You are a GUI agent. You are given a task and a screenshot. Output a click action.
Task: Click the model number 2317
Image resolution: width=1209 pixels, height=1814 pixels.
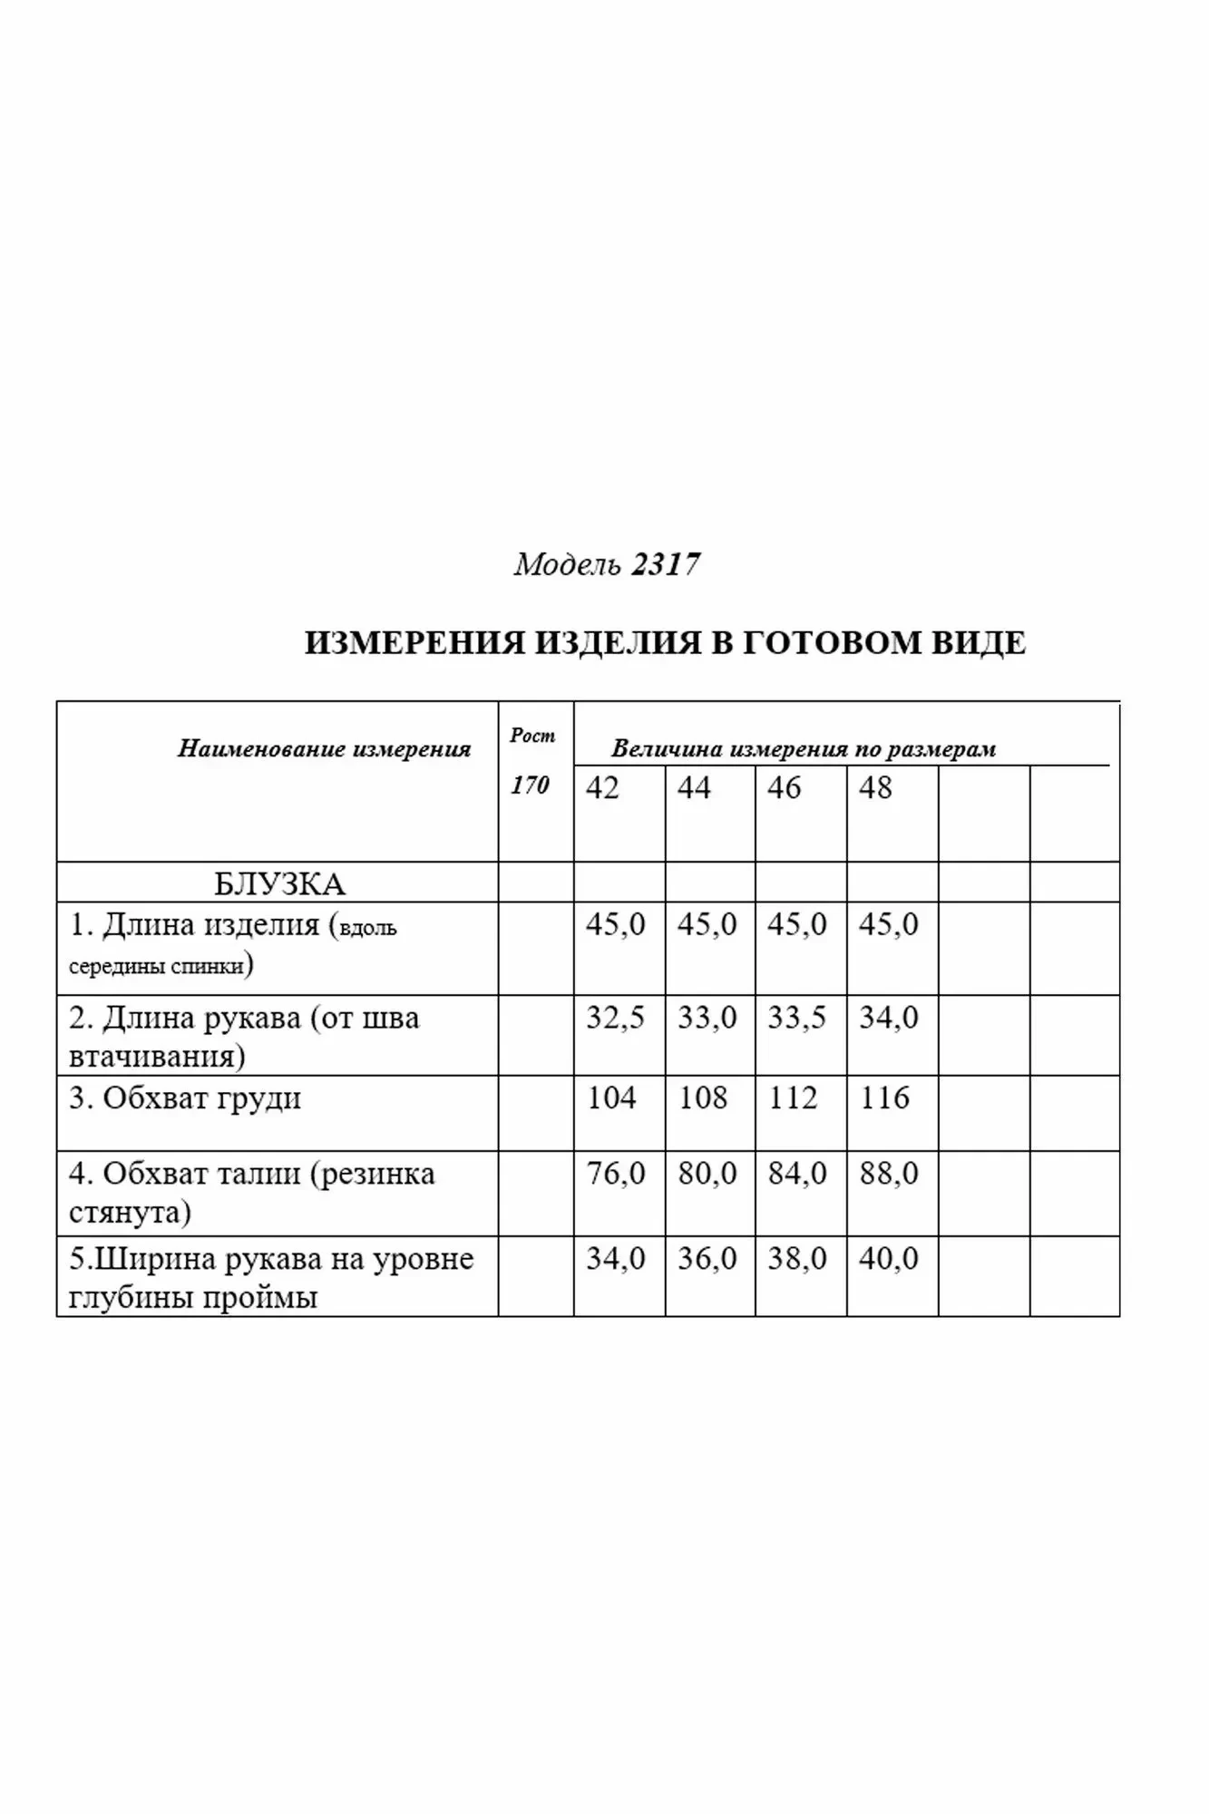click(x=666, y=565)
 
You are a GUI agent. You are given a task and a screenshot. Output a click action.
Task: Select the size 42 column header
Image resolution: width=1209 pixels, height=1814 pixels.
click(x=602, y=787)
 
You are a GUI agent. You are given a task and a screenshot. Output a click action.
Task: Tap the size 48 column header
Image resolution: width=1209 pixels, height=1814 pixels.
click(x=875, y=787)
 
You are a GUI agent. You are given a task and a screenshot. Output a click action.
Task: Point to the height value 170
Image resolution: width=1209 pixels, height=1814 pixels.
click(x=530, y=785)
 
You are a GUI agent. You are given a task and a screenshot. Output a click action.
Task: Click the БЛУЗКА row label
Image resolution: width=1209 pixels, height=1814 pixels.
click(x=279, y=883)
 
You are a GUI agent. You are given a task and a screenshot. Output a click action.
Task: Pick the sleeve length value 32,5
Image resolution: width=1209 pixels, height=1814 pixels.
click(x=615, y=1018)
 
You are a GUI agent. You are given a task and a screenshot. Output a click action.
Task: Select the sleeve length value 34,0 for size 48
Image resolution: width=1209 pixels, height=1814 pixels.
click(x=889, y=1018)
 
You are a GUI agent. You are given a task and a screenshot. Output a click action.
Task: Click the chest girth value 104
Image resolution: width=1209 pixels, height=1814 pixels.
click(x=611, y=1097)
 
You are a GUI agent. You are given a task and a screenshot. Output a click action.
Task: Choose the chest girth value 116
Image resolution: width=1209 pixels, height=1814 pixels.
click(x=884, y=1097)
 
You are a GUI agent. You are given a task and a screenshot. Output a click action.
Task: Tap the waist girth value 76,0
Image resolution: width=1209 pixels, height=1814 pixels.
click(x=615, y=1174)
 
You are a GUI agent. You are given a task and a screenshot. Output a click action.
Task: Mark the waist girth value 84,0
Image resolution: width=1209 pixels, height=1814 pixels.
click(x=797, y=1174)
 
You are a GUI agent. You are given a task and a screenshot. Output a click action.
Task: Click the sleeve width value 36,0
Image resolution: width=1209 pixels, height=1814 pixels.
click(x=707, y=1259)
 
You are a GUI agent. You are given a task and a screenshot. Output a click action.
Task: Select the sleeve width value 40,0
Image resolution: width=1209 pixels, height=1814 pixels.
click(x=889, y=1259)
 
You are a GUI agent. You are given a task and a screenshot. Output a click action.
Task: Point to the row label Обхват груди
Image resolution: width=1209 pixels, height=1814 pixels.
click(x=185, y=1098)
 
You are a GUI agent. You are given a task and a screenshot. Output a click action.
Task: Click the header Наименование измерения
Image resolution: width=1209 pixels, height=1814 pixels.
click(x=324, y=749)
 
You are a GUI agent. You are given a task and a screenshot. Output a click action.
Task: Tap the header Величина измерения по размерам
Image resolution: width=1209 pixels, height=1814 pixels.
click(x=804, y=749)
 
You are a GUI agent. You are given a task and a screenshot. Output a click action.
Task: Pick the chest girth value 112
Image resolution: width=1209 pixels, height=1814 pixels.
click(x=793, y=1097)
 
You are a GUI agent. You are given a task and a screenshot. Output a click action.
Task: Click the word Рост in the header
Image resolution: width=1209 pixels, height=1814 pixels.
click(x=532, y=736)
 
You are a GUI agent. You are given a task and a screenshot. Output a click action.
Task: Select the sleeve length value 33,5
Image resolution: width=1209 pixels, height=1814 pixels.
click(x=797, y=1018)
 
